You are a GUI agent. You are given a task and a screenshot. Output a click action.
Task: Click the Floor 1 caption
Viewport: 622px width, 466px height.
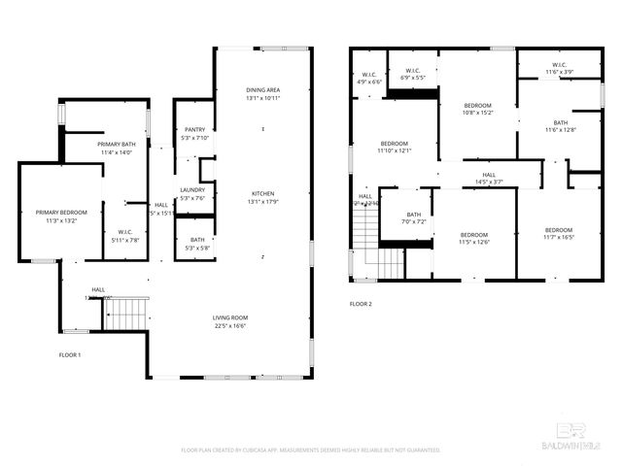click(x=70, y=355)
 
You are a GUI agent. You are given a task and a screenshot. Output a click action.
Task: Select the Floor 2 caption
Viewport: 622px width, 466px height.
click(x=361, y=304)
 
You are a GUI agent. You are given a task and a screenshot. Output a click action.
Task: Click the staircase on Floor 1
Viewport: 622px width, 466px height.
click(x=125, y=313)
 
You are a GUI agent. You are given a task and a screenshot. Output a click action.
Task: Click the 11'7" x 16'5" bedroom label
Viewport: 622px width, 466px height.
click(x=559, y=233)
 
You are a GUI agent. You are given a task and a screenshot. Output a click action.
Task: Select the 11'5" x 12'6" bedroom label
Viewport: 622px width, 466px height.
click(x=473, y=238)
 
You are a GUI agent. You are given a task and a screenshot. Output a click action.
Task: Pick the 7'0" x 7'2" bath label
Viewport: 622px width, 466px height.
click(x=414, y=218)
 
